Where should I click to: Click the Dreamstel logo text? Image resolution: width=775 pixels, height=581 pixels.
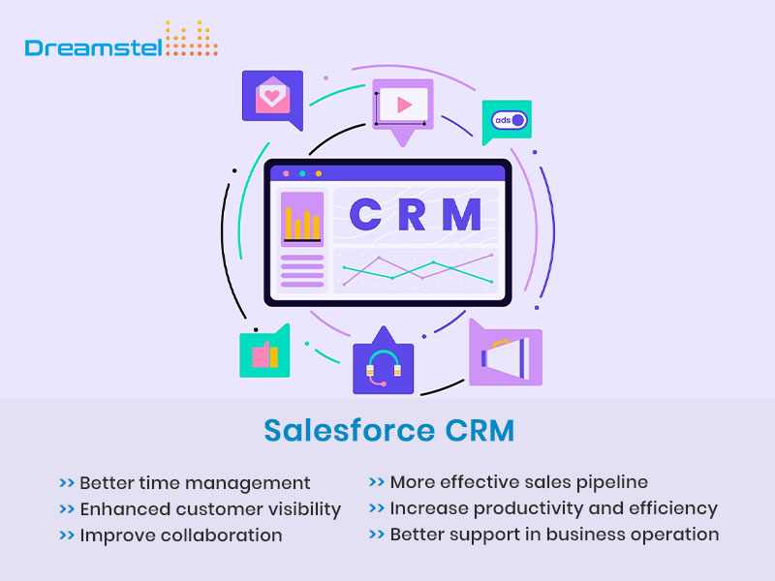click(x=93, y=46)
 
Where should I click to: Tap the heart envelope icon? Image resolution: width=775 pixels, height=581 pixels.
click(x=271, y=97)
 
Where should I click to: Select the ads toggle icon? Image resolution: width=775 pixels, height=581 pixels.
click(x=508, y=121)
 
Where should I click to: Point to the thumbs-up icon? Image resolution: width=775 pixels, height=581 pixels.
click(x=264, y=353)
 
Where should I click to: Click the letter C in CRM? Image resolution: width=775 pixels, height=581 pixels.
click(x=365, y=214)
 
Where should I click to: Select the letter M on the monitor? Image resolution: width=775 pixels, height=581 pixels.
click(x=461, y=214)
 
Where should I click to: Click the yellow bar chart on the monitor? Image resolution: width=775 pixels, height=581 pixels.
click(x=301, y=224)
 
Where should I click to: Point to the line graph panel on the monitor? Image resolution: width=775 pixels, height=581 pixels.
click(x=417, y=270)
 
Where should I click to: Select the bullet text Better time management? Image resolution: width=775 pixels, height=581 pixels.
click(x=195, y=482)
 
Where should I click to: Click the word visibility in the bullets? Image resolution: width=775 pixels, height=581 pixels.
click(x=302, y=508)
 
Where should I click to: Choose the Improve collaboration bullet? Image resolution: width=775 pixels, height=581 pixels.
click(x=181, y=535)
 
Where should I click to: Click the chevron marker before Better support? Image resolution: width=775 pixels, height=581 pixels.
click(x=376, y=535)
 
